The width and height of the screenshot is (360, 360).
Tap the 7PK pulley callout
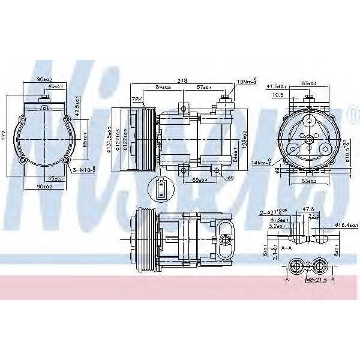[137, 98]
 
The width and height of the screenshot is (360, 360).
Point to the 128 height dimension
[244, 140]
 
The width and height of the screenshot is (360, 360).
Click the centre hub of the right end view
[308, 140]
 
